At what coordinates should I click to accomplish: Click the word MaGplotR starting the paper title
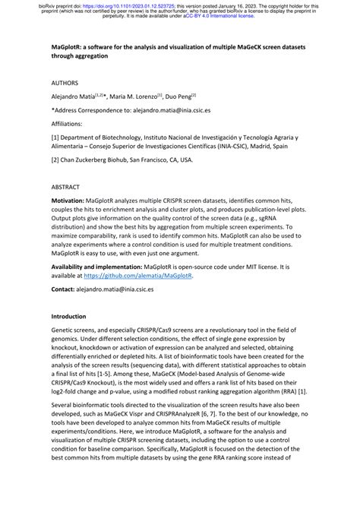(67, 47)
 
